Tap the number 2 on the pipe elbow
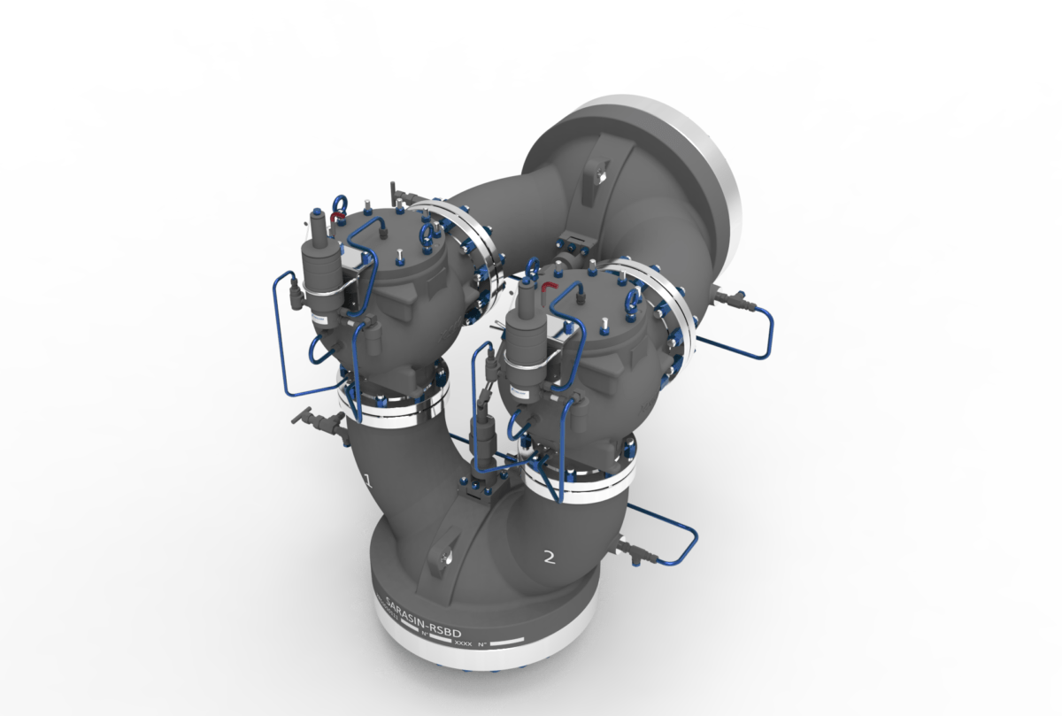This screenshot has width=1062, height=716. tap(549, 557)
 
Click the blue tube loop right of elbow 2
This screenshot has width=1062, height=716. tap(681, 540)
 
